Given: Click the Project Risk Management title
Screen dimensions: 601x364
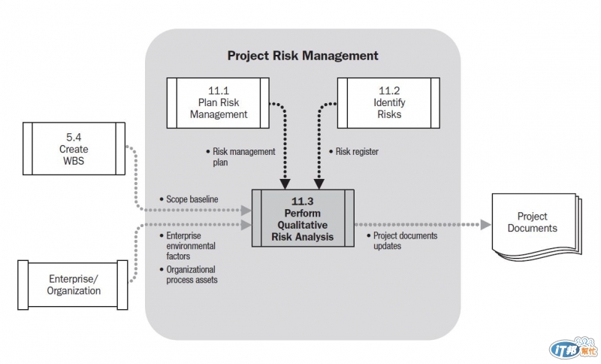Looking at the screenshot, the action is coord(303,56).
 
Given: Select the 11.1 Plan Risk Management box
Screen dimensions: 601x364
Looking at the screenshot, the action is coord(218,103).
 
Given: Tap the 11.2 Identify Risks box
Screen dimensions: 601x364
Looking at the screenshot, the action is coord(388,103).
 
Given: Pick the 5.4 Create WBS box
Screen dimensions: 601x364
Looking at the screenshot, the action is coord(74,148).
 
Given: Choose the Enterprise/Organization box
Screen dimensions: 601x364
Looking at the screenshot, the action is coord(73,285).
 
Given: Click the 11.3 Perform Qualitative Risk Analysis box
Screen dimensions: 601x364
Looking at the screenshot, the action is coord(303,218).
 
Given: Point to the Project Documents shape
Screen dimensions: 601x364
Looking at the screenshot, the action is coord(536,227).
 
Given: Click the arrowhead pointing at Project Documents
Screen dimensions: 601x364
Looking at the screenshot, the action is coord(485,225).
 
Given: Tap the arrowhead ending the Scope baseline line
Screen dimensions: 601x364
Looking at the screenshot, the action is coord(246,210).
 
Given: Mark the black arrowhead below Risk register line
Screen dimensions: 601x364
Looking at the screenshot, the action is coord(319,184).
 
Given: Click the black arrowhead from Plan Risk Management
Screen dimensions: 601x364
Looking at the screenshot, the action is coord(285,184).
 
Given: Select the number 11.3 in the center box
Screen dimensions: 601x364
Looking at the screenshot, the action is coord(303,202).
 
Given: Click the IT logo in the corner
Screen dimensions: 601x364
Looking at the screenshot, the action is coord(573,348).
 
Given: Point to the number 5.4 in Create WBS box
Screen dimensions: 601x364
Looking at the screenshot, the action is coord(74,138).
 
